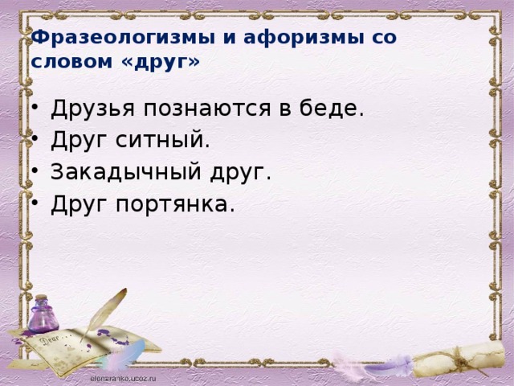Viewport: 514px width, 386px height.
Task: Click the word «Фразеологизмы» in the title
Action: (x=123, y=38)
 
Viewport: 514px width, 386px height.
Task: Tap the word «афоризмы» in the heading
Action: (x=304, y=38)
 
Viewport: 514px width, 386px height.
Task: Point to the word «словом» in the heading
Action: (x=71, y=61)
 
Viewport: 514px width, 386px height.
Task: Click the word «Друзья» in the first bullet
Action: (x=93, y=109)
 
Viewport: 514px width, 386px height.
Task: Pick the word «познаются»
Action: (x=207, y=109)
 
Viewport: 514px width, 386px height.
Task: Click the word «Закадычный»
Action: (x=126, y=171)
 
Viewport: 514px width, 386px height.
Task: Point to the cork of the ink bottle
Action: (x=42, y=298)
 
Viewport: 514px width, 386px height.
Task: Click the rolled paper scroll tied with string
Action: (x=459, y=359)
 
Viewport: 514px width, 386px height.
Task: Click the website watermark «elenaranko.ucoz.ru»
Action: (x=123, y=379)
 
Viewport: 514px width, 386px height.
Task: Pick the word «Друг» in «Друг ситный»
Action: (x=80, y=140)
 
